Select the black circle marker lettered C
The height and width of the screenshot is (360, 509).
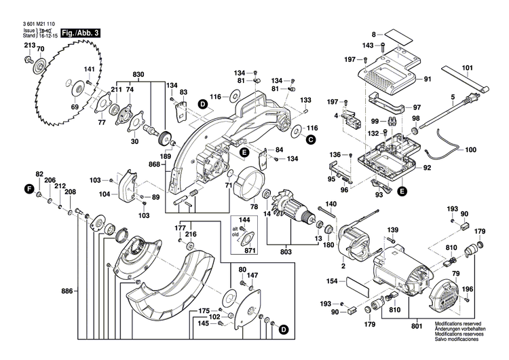tap(310, 140)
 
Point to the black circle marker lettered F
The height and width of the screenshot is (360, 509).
tap(29, 187)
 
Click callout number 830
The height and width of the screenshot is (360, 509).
tap(138, 73)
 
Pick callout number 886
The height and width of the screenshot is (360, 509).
tap(66, 291)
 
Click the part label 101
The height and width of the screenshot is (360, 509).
tap(468, 67)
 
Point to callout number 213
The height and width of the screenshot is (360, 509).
tap(29, 45)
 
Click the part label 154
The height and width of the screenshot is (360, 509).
tap(333, 281)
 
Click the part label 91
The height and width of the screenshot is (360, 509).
tap(428, 79)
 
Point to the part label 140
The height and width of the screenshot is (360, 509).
tap(331, 204)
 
